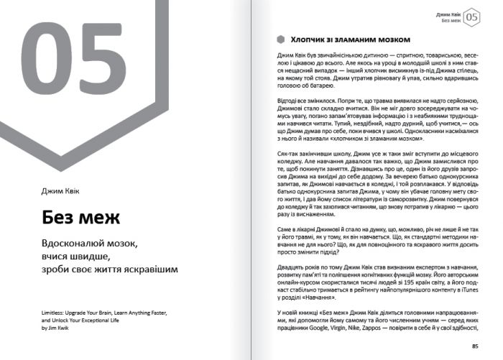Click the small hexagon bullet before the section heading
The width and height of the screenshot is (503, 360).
click(x=280, y=40)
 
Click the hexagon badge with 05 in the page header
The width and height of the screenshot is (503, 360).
click(x=471, y=17)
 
